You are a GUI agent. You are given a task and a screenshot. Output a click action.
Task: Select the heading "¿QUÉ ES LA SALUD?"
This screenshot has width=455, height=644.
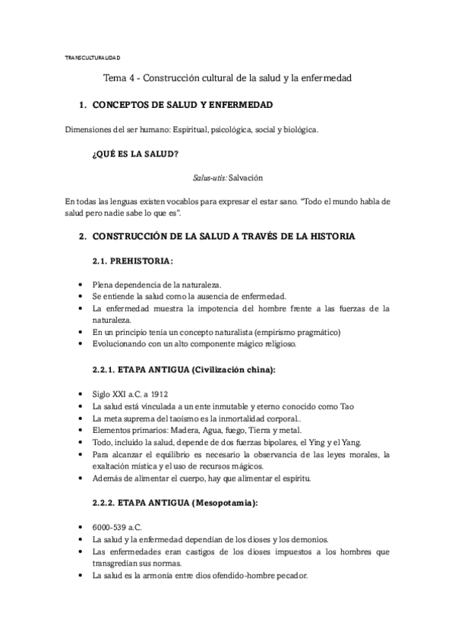pyautogui.click(x=134, y=155)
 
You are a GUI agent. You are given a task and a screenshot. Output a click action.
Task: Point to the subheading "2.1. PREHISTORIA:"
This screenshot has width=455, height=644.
pyautogui.click(x=132, y=261)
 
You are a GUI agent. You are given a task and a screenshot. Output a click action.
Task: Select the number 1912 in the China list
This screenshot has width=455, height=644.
pyautogui.click(x=159, y=395)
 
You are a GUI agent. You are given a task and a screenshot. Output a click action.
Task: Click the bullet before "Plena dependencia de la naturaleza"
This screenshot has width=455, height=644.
pyautogui.click(x=81, y=284)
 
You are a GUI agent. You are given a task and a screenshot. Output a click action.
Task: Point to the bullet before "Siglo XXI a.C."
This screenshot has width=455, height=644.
pyautogui.click(x=81, y=395)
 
